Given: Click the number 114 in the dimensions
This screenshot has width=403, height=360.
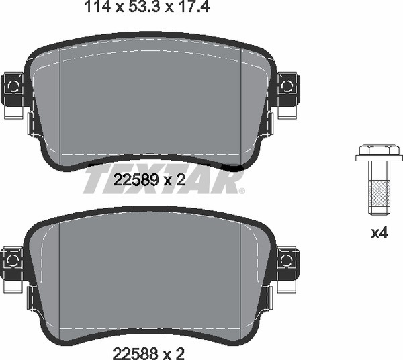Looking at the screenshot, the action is (x=97, y=7).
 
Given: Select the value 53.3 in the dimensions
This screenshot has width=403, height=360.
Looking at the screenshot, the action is (x=145, y=7).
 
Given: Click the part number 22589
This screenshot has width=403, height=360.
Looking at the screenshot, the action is (x=136, y=180).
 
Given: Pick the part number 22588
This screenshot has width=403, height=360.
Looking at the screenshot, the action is (x=135, y=353).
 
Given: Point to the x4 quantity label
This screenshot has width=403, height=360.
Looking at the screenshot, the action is (x=379, y=233).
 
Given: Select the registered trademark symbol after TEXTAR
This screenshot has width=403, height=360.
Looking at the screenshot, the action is (x=242, y=191).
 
